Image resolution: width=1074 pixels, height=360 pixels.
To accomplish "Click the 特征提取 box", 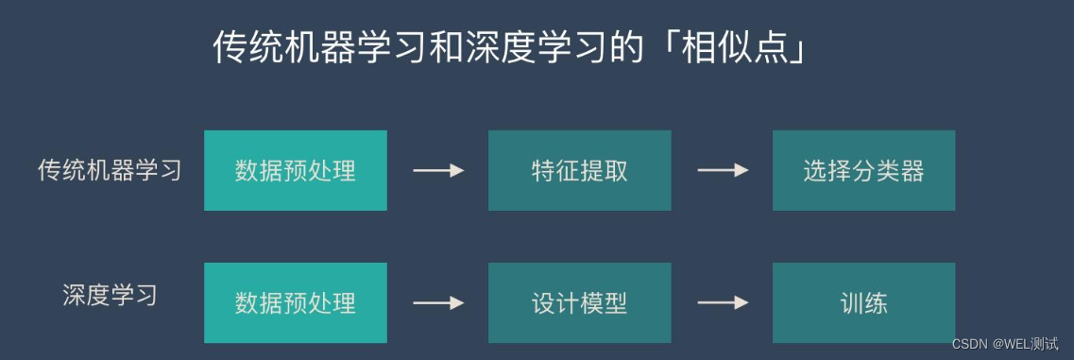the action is tap(579, 171).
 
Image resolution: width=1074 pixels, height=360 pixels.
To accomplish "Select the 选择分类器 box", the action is tap(863, 171).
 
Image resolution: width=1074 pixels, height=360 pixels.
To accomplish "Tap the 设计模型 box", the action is tap(579, 303).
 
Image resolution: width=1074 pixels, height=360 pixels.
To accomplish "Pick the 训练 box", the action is tap(863, 303).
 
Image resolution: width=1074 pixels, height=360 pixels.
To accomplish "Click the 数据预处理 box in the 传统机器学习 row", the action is tap(296, 171).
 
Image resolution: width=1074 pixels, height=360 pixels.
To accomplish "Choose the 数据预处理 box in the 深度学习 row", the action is tap(296, 303).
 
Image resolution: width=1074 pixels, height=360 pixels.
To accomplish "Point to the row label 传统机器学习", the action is tap(110, 171).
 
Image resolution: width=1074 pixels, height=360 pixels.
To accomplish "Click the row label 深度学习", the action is tap(110, 295).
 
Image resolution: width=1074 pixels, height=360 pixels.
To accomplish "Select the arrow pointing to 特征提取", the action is tap(438, 171).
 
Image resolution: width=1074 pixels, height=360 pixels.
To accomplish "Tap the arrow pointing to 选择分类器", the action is tap(723, 171).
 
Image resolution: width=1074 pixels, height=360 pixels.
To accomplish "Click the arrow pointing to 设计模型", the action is tap(438, 303).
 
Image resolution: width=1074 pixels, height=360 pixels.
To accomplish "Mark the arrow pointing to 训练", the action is tap(723, 303).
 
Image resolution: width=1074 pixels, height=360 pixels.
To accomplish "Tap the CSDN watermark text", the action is tap(969, 343).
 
